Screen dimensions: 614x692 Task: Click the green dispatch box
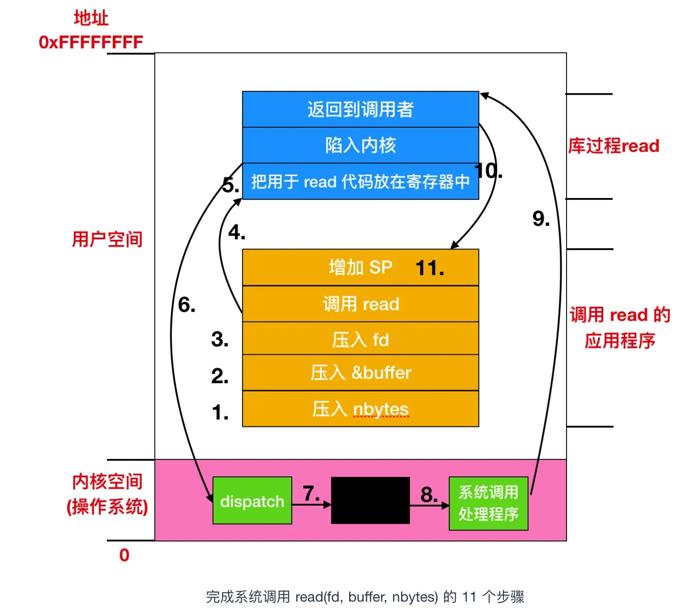(x=252, y=501)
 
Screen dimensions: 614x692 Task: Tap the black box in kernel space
(x=370, y=500)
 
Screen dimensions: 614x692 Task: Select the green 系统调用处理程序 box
(x=488, y=503)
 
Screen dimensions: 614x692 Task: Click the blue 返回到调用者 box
(x=360, y=109)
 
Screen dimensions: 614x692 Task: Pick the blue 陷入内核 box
(x=360, y=145)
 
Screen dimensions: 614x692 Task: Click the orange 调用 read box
(x=360, y=304)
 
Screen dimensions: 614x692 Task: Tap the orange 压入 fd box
(x=360, y=340)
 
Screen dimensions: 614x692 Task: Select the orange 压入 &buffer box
(x=360, y=372)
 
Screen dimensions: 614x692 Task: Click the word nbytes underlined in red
(x=380, y=409)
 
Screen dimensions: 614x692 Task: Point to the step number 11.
(x=430, y=268)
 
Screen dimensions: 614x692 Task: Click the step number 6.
(x=186, y=305)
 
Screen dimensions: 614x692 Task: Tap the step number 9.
(x=541, y=219)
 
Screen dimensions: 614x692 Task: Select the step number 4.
(x=236, y=232)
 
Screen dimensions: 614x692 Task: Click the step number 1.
(x=220, y=412)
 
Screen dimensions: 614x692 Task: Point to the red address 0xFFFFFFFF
(x=91, y=42)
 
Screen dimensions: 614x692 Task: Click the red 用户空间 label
(x=107, y=239)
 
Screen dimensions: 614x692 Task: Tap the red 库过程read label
(x=613, y=146)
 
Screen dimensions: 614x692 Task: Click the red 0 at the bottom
(x=124, y=555)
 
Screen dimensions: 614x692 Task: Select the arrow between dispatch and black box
(x=311, y=504)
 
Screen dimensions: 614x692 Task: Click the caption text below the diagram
(x=365, y=597)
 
